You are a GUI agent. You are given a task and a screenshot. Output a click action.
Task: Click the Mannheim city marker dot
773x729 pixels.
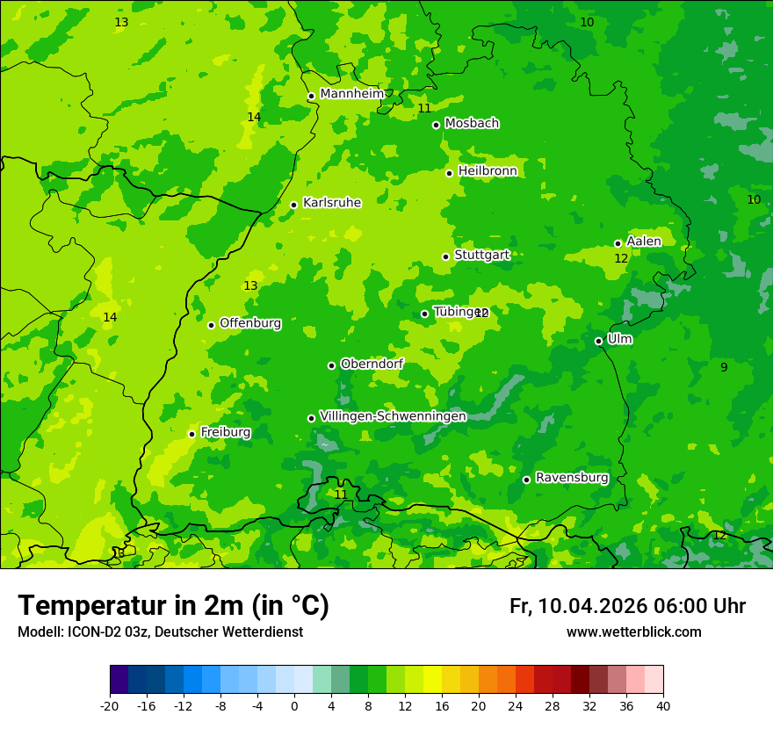click(x=311, y=97)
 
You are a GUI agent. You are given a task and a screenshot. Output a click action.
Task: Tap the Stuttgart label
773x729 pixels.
click(x=481, y=255)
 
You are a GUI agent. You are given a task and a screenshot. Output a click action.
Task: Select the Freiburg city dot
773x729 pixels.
click(x=191, y=434)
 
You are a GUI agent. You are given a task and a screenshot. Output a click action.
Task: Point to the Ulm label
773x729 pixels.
click(x=619, y=338)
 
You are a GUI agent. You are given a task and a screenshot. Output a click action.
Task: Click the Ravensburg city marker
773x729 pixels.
click(x=526, y=480)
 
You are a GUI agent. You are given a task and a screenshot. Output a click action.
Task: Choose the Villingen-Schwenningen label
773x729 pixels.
click(x=393, y=415)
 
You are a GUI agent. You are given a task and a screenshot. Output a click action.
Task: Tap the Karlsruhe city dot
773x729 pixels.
click(x=293, y=206)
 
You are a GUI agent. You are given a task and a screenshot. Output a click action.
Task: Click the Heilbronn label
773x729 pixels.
click(x=488, y=170)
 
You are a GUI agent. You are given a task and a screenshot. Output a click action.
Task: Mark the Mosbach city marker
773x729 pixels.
click(x=436, y=125)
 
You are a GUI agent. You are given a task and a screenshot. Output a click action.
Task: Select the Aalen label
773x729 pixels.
click(x=644, y=241)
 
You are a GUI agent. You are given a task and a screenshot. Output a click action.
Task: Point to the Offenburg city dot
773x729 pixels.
click(x=211, y=325)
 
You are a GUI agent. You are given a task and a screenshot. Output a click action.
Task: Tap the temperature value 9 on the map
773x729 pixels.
click(x=724, y=367)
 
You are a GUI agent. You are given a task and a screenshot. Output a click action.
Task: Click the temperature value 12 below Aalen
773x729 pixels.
click(x=621, y=258)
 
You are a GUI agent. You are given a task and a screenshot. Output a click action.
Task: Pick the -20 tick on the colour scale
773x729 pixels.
click(x=110, y=705)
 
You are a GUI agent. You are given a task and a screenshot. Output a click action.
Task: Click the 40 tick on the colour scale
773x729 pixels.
click(x=663, y=705)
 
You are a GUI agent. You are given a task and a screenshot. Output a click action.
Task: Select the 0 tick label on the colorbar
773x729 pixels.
click(x=294, y=705)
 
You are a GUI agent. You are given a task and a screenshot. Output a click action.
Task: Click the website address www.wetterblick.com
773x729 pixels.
click(x=633, y=632)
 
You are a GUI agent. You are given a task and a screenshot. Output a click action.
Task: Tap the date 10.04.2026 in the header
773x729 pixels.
click(x=593, y=606)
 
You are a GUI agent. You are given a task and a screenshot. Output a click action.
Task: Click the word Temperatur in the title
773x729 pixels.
click(x=92, y=605)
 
